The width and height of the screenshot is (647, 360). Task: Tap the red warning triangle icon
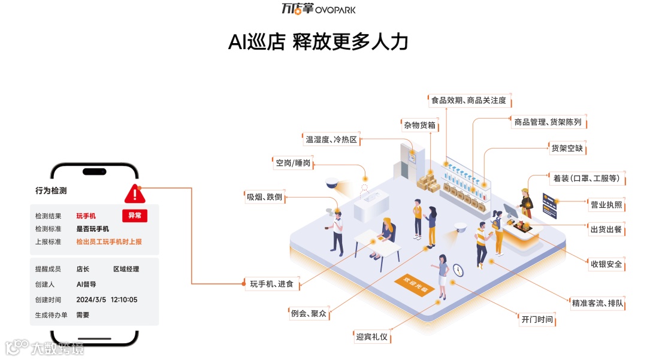click(135, 193)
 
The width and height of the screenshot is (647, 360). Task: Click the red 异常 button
click(135, 216)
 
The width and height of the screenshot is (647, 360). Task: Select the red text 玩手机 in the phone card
click(86, 216)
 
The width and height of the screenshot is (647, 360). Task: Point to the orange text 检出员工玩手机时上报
click(108, 242)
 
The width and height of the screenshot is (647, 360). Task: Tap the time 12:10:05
click(124, 300)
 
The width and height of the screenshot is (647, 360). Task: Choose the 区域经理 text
click(126, 270)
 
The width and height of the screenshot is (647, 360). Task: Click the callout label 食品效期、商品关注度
click(468, 101)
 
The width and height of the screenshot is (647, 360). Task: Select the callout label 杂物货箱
click(419, 125)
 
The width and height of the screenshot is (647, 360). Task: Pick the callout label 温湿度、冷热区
click(331, 140)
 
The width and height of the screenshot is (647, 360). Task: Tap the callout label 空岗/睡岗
click(293, 163)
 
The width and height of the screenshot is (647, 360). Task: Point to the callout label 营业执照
click(606, 205)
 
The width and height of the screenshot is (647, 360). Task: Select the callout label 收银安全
click(606, 264)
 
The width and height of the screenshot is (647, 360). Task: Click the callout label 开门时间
click(537, 319)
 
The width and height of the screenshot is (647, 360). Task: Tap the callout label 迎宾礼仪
click(371, 337)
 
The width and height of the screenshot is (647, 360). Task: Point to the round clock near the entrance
click(458, 270)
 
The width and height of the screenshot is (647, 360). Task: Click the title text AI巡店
click(256, 42)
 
